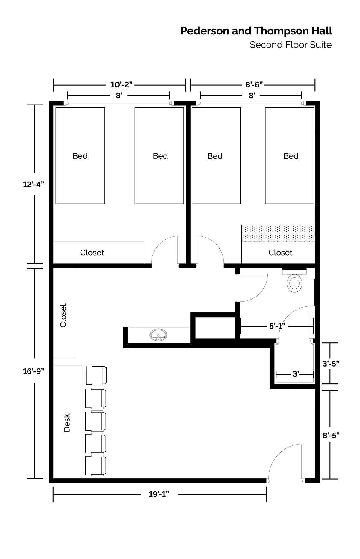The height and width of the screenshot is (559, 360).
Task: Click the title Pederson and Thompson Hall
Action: [x=256, y=31]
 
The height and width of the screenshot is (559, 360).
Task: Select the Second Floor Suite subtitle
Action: [x=291, y=45]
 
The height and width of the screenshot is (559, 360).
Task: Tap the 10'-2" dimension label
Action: [x=121, y=84]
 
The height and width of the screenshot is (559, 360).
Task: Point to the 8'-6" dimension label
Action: [x=254, y=84]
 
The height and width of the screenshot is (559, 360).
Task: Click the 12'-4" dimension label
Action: [x=34, y=184]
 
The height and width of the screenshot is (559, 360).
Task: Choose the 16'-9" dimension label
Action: [x=34, y=371]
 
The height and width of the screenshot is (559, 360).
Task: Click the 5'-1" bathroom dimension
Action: [x=277, y=326]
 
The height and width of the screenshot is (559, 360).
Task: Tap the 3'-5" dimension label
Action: [x=331, y=364]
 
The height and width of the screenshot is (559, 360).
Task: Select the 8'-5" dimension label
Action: [x=331, y=436]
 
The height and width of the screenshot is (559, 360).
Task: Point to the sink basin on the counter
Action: [x=158, y=335]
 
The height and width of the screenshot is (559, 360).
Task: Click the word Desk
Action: [x=67, y=423]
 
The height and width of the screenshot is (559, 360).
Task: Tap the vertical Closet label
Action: [x=63, y=315]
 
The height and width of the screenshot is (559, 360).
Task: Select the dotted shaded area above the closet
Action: [x=278, y=233]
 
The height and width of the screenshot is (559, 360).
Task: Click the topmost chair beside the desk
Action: [x=96, y=374]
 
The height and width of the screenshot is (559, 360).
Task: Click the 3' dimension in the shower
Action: [x=296, y=374]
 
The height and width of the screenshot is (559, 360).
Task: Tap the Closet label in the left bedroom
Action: [x=92, y=253]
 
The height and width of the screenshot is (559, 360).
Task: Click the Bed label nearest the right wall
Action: [x=291, y=156]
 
